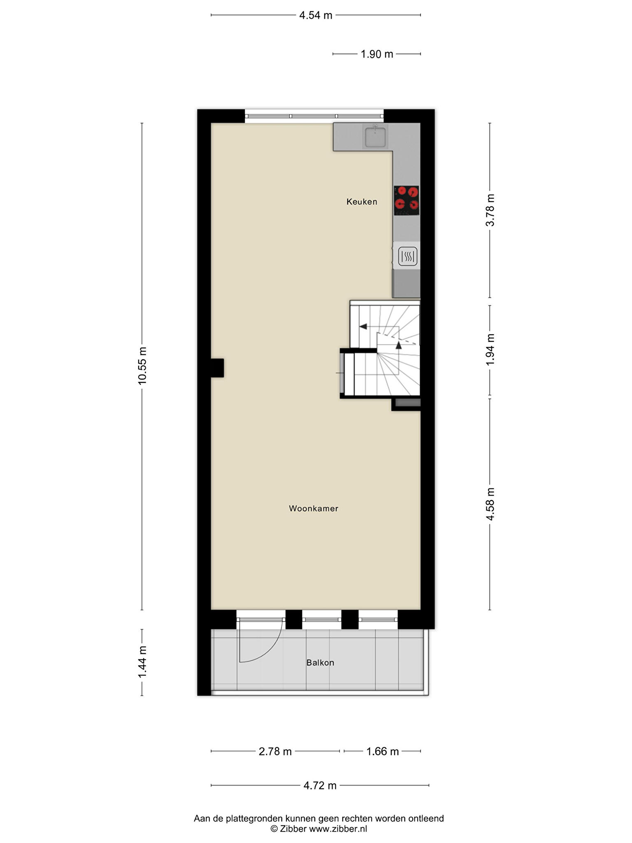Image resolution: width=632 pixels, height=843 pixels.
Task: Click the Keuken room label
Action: (x=362, y=202)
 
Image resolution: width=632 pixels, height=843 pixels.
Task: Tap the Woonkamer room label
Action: (x=314, y=508)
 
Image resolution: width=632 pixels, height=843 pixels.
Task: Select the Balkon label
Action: (x=320, y=663)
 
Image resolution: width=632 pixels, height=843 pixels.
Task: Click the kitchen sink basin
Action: (x=375, y=137)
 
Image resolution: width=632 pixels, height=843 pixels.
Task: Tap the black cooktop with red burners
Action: (x=407, y=200)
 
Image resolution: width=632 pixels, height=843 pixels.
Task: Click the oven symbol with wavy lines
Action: (x=408, y=256)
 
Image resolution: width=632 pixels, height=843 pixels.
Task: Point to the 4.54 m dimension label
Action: (x=316, y=15)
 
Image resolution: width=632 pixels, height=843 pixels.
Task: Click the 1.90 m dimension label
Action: (x=377, y=54)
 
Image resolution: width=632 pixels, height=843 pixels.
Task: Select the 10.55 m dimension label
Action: (x=142, y=366)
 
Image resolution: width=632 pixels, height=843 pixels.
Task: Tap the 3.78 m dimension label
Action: (x=490, y=210)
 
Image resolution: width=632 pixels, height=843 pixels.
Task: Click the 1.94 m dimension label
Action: (x=490, y=349)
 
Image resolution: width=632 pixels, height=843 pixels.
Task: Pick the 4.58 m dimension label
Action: (x=490, y=504)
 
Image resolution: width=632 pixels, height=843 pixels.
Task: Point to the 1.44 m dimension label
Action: (x=142, y=662)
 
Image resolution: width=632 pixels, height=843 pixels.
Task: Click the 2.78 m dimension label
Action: (x=275, y=752)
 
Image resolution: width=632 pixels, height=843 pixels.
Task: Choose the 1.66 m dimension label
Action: (x=383, y=752)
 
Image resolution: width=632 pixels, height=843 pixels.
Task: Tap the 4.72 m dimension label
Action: (x=320, y=785)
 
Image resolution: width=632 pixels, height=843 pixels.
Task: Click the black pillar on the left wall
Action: (x=217, y=368)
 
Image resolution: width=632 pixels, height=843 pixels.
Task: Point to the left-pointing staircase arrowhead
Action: (x=363, y=326)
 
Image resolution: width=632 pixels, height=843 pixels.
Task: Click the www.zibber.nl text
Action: (x=338, y=829)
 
